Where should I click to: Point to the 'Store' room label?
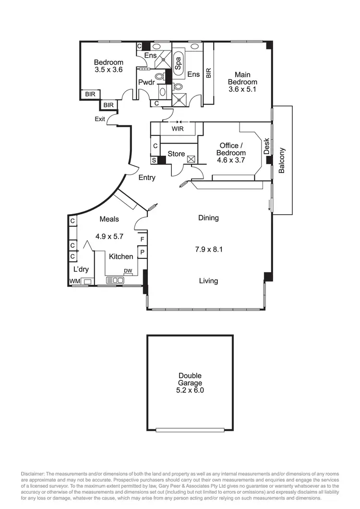pyautogui.click(x=176, y=154)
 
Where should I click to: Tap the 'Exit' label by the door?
pyautogui.click(x=100, y=119)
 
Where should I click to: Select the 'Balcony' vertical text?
pyautogui.click(x=282, y=160)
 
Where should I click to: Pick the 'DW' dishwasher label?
pyautogui.click(x=128, y=271)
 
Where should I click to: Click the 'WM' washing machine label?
pyautogui.click(x=74, y=281)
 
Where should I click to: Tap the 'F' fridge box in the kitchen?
pyautogui.click(x=142, y=239)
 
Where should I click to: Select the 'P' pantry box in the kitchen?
pyautogui.click(x=142, y=252)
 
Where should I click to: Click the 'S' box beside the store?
pyautogui.click(x=154, y=160)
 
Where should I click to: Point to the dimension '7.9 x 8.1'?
pyautogui.click(x=208, y=249)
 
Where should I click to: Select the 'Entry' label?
pyautogui.click(x=147, y=178)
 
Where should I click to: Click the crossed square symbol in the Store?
pyautogui.click(x=191, y=158)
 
